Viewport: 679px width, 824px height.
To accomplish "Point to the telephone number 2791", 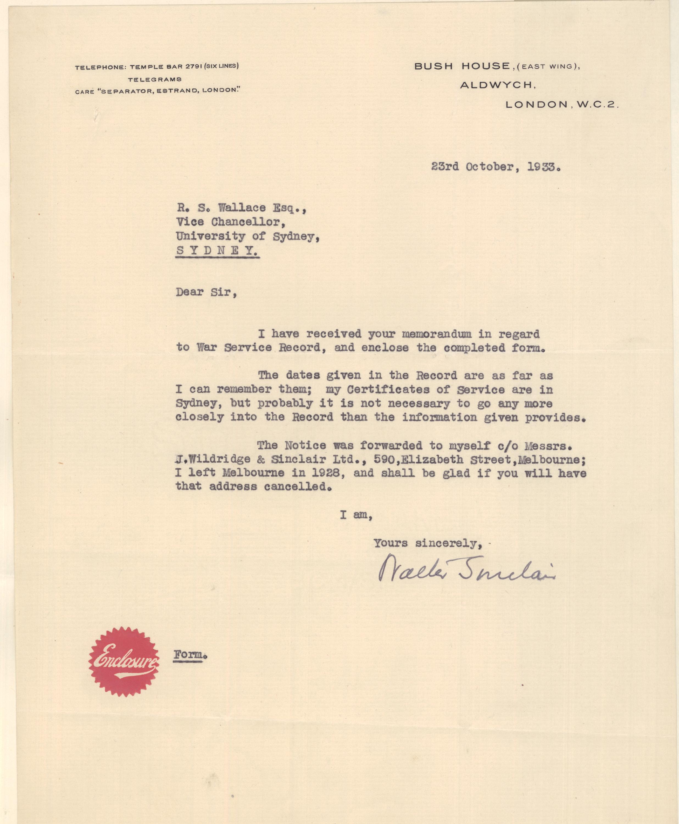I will click(193, 66).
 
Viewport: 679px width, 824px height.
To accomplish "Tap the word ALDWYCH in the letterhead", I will click(497, 85).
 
